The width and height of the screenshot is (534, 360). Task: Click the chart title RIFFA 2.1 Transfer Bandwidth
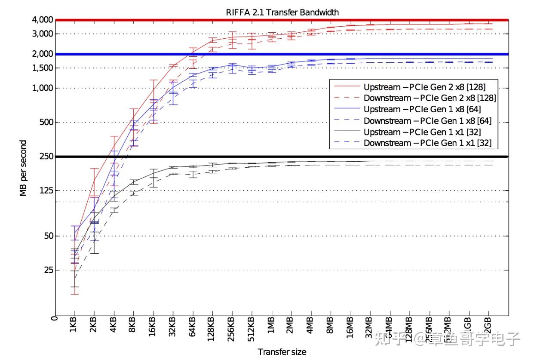[282, 12]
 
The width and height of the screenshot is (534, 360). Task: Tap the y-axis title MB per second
[23, 168]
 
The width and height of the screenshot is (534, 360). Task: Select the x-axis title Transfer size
[282, 352]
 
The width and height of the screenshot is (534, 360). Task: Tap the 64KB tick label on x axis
[192, 329]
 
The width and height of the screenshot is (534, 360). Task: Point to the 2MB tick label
[291, 329]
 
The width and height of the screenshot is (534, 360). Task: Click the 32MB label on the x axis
[369, 330]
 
